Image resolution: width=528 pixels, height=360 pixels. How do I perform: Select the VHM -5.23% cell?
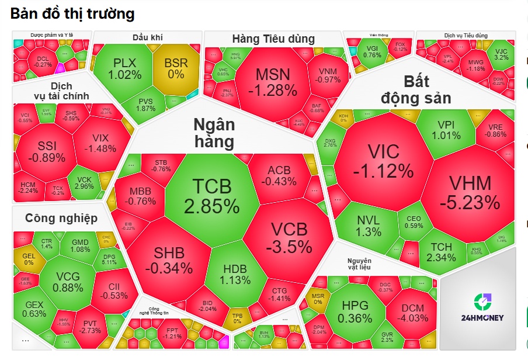tap(470, 193)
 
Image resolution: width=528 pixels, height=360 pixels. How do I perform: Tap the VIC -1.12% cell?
tap(383, 161)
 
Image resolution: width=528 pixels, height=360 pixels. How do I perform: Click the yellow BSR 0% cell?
tap(176, 68)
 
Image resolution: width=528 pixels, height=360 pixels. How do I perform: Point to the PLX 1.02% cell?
tap(124, 68)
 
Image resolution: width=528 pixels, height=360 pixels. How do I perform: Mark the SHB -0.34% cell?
tap(169, 260)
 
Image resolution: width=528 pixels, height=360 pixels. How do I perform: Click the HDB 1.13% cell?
tap(235, 274)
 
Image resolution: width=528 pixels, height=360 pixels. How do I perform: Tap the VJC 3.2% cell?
tap(501, 53)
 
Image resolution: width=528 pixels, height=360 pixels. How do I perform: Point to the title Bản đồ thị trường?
tap(72, 13)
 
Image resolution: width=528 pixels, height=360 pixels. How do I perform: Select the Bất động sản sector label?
tap(416, 89)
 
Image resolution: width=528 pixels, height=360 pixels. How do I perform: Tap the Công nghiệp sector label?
tap(61, 218)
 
